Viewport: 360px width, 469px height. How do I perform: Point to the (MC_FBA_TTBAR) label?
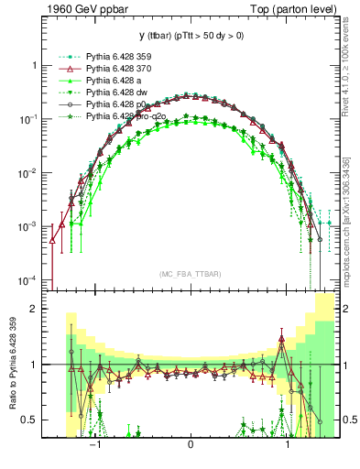pos(190,274)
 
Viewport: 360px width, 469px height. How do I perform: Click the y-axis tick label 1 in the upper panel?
pos(34,66)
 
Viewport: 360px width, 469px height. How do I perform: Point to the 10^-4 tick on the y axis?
pos(29,279)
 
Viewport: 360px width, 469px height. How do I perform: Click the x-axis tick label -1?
pos(93,446)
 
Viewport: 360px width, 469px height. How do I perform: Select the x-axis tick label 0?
pos(190,446)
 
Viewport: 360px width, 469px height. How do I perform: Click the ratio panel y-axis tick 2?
pos(34,309)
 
